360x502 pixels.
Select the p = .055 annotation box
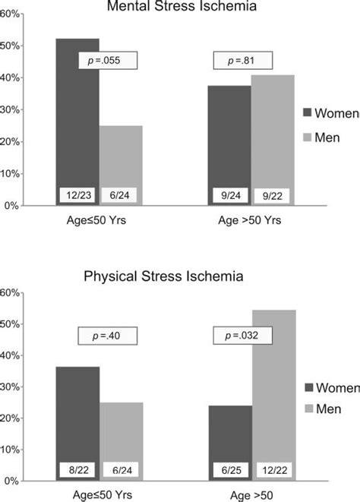[x=108, y=60]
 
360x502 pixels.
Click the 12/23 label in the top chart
[x=77, y=195]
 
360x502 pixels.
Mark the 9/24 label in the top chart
[x=229, y=195]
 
